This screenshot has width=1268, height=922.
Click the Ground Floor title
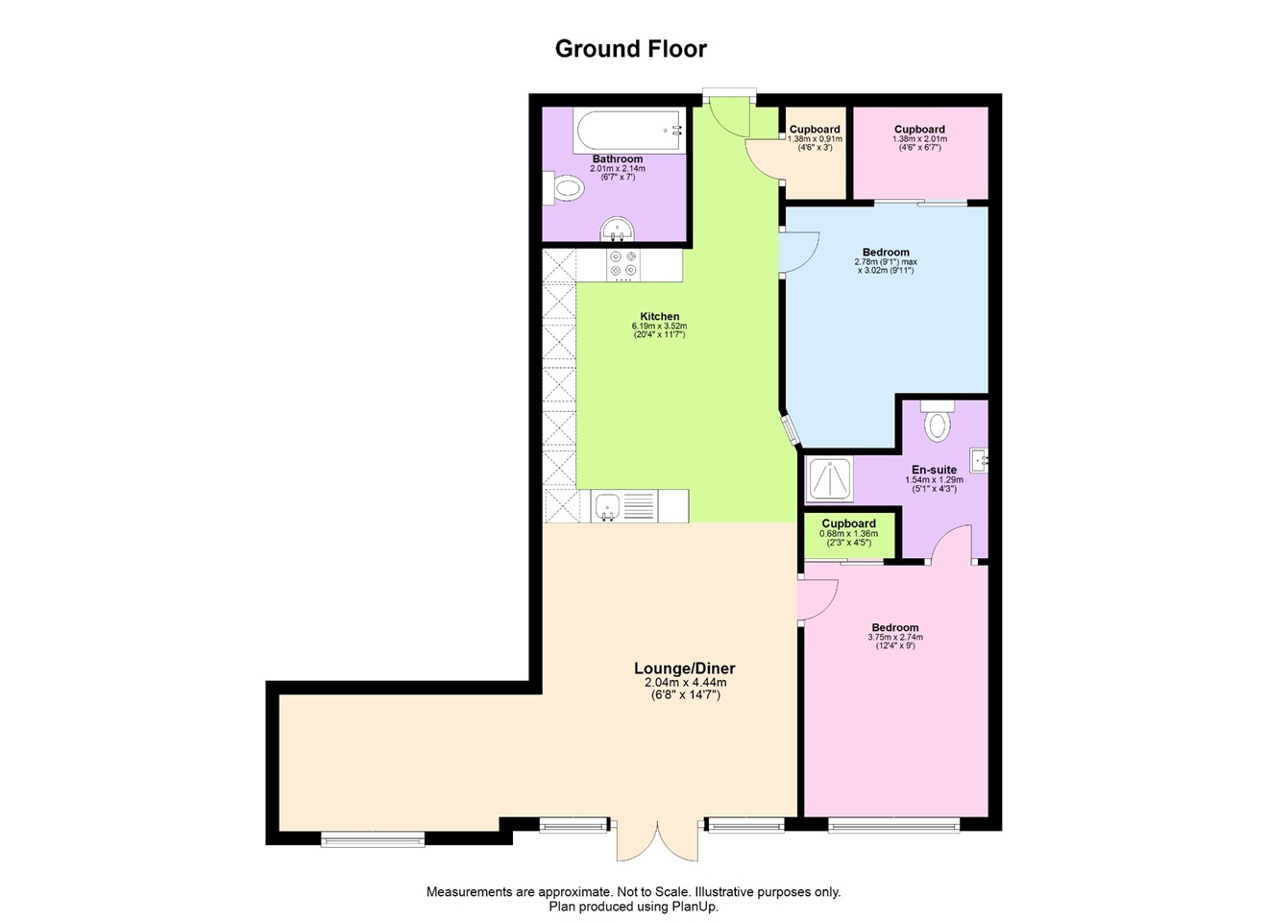pyautogui.click(x=631, y=49)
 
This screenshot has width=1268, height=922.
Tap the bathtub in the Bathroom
pyautogui.click(x=627, y=131)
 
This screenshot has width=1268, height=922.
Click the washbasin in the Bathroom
pyautogui.click(x=617, y=230)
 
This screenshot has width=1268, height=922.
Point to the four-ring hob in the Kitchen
pyautogui.click(x=622, y=264)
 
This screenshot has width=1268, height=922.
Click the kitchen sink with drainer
pyautogui.click(x=624, y=506)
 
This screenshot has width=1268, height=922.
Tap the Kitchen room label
pyautogui.click(x=660, y=316)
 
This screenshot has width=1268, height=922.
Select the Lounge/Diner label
pyautogui.click(x=684, y=668)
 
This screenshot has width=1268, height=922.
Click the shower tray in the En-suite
pyautogui.click(x=829, y=479)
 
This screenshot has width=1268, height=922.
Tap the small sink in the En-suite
pyautogui.click(x=980, y=460)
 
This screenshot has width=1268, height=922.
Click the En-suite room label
pyautogui.click(x=934, y=470)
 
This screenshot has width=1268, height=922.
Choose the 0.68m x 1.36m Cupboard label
pyautogui.click(x=848, y=523)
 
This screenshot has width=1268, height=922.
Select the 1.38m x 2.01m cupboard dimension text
pyautogui.click(x=919, y=139)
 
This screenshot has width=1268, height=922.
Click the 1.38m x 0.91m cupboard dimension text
pyautogui.click(x=815, y=139)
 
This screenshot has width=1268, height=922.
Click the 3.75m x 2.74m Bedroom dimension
pyautogui.click(x=894, y=637)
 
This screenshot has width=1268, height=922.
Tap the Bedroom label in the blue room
pyautogui.click(x=886, y=253)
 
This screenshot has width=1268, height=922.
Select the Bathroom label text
pyautogui.click(x=618, y=159)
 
